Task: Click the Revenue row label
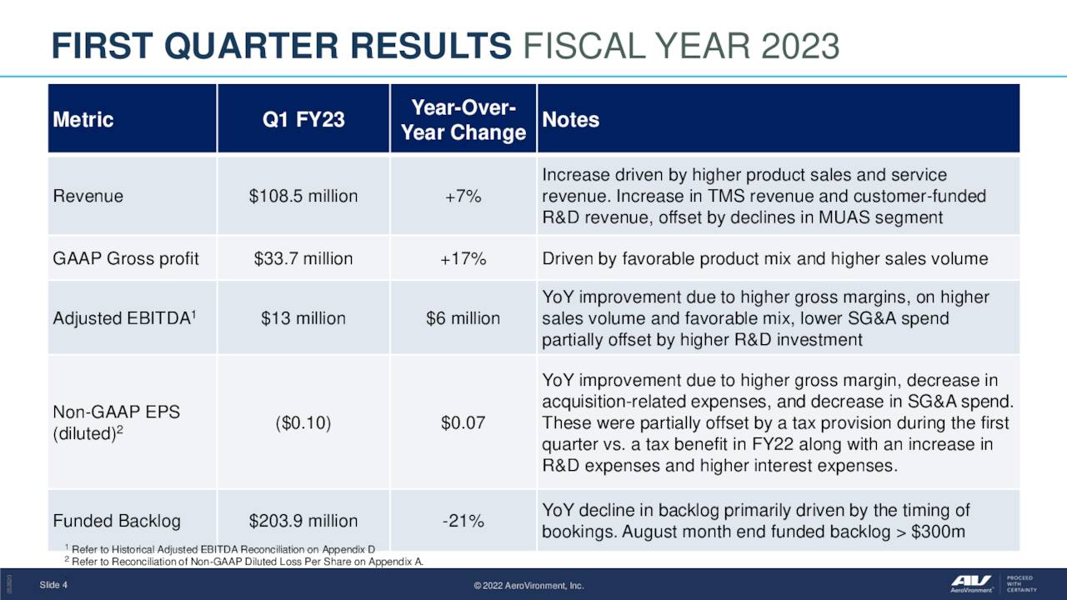(88, 197)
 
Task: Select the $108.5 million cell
(303, 197)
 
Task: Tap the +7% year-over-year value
(463, 197)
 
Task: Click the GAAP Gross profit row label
(126, 258)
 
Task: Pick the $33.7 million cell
(303, 258)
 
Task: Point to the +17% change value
(463, 258)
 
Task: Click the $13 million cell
(303, 318)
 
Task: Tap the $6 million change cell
(463, 318)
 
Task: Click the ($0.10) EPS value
(303, 422)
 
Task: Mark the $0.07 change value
(463, 422)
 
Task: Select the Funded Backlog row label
(117, 522)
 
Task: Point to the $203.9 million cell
(303, 522)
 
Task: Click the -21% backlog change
(463, 522)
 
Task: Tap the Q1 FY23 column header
(303, 120)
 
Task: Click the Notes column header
(571, 120)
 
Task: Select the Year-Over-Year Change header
(463, 120)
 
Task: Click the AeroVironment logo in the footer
(974, 584)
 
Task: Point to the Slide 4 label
(53, 585)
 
